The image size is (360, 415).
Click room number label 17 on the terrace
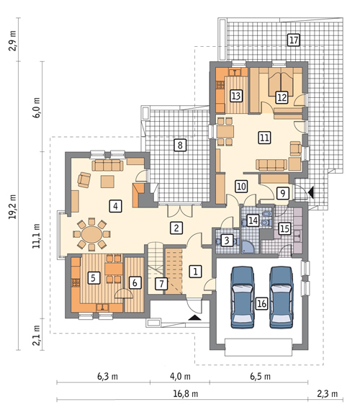294,40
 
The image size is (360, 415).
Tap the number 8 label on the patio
180,145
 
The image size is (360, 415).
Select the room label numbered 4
116,206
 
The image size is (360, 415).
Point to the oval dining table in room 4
91,234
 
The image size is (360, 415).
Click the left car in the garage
243,298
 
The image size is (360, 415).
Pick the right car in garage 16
282,298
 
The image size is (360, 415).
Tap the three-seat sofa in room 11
271,164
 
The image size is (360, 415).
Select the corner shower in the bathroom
248,246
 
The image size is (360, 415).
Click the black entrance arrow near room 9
311,192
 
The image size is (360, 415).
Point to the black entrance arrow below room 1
194,318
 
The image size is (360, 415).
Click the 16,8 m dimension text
186,393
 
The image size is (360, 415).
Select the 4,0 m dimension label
180,376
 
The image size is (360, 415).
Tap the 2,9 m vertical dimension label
13,41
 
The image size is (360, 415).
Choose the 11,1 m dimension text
36,236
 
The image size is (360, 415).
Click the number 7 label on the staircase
161,283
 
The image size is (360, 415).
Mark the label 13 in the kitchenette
236,96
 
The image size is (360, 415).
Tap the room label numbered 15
284,228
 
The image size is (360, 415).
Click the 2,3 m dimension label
327,393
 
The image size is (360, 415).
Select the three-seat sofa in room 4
108,165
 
